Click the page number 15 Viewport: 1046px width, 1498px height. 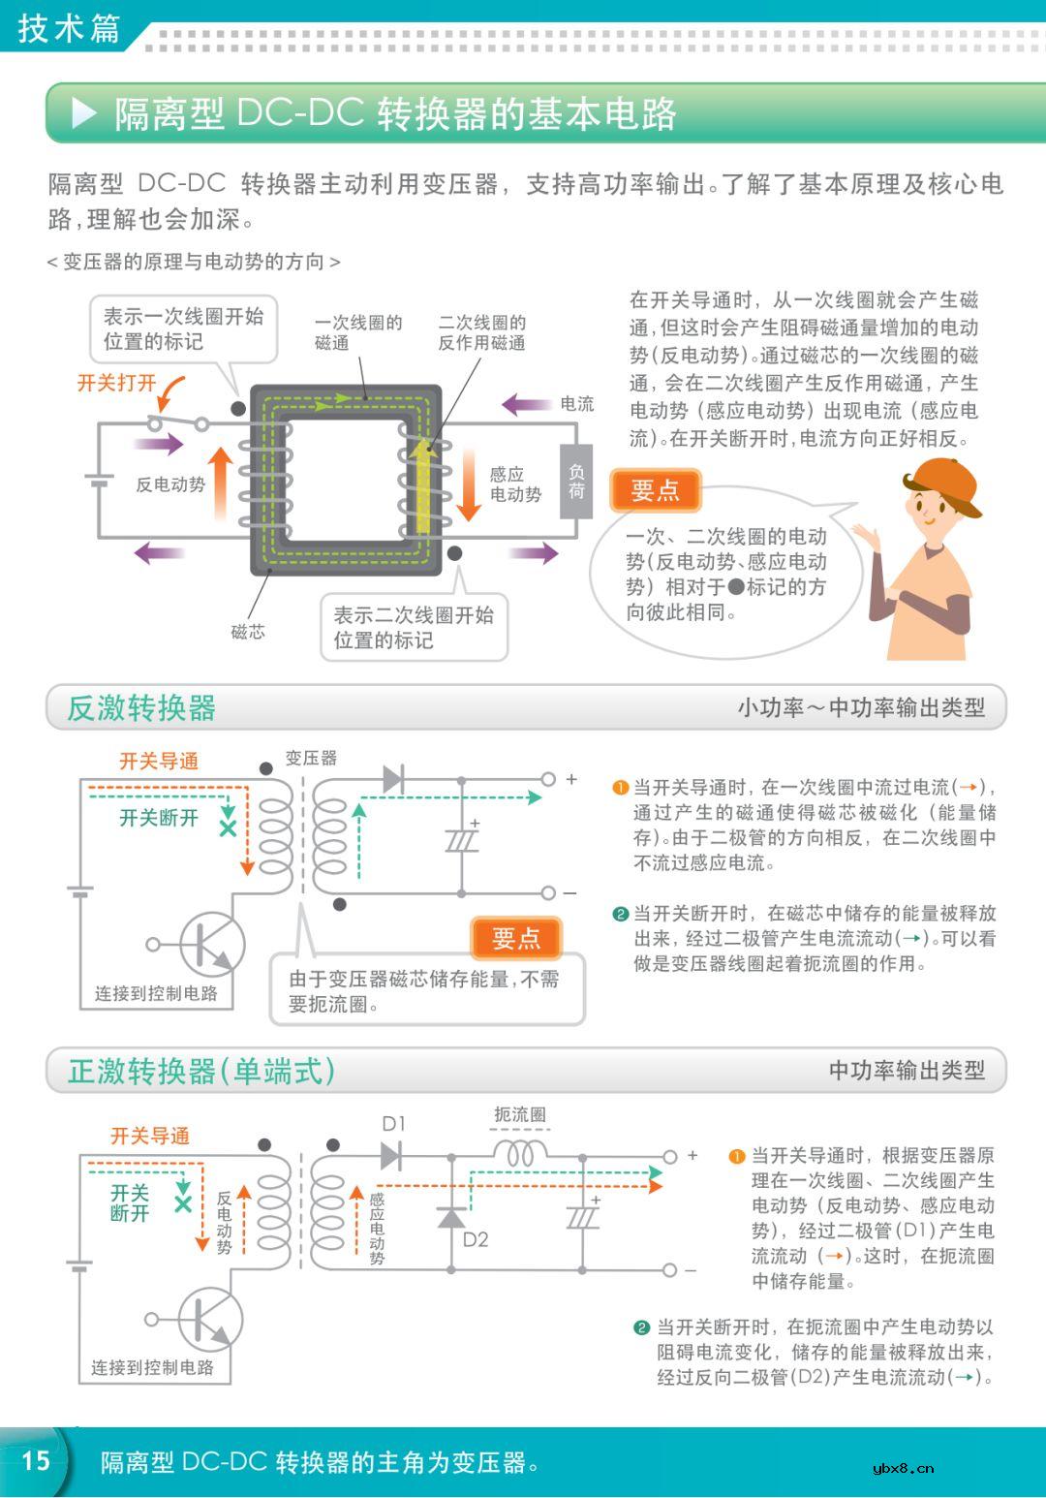click(x=36, y=1460)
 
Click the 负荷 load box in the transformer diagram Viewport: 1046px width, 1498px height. click(x=576, y=481)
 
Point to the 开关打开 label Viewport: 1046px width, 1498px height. click(x=116, y=383)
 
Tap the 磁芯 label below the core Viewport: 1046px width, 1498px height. click(x=248, y=632)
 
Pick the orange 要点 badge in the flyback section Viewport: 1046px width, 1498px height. click(x=516, y=938)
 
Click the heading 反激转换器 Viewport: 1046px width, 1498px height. click(x=141, y=708)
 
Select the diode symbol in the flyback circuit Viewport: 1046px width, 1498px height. click(x=393, y=779)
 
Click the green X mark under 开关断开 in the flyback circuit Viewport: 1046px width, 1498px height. click(x=229, y=829)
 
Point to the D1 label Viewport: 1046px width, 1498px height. click(x=394, y=1124)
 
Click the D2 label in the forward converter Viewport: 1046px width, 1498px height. click(x=476, y=1239)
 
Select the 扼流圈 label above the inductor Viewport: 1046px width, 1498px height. click(x=520, y=1115)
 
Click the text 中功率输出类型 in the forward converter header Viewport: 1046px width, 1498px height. click(x=907, y=1071)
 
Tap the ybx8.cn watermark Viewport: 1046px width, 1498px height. click(x=903, y=1468)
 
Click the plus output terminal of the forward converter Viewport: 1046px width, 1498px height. click(x=670, y=1157)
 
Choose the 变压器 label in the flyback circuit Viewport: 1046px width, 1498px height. click(x=311, y=758)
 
